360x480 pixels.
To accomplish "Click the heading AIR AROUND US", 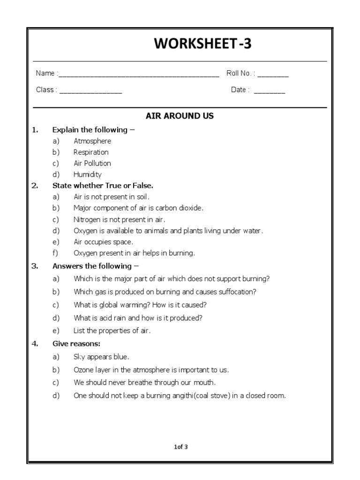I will point(180,116).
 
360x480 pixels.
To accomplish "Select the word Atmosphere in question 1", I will point(92,141).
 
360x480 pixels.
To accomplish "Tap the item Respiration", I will point(91,152).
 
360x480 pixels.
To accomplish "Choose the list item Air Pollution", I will point(92,163).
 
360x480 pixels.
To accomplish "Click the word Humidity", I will point(88,174).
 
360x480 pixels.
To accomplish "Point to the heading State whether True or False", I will point(103,186).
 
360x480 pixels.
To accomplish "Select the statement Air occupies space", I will point(103,242).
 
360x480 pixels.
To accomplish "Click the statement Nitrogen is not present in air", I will point(120,219).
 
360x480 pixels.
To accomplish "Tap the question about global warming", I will point(140,305).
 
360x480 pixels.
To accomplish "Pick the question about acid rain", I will point(138,318).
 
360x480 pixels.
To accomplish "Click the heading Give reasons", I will point(73,344).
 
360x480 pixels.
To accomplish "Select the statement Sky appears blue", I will point(101,357).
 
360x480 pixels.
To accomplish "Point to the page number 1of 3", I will point(180,447).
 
